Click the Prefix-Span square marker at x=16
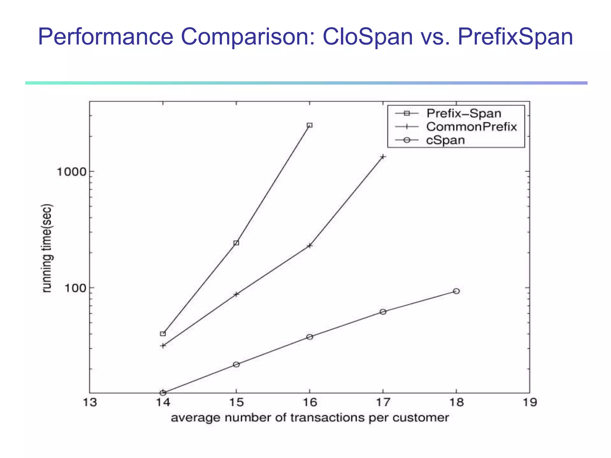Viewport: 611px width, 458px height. pos(310,125)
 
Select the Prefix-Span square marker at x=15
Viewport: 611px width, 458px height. pos(236,243)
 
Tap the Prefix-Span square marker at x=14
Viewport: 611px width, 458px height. pos(163,334)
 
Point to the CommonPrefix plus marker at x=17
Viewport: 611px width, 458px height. pos(383,157)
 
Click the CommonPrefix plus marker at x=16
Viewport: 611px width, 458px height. pos(310,246)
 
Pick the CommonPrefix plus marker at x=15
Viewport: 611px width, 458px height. pos(236,294)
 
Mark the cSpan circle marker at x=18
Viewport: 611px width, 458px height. pos(456,291)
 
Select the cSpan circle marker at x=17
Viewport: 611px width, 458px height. pos(383,312)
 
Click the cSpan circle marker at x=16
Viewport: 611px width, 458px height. pos(310,337)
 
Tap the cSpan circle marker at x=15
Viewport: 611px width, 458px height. pos(236,364)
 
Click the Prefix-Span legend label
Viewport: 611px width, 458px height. pos(464,113)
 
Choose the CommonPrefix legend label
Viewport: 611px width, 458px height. pos(471,127)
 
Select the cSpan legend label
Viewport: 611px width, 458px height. pos(445,140)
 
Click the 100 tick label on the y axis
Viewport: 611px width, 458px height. pos(75,288)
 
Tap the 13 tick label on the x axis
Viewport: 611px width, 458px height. pos(90,403)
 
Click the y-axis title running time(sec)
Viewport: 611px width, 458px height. pos(47,248)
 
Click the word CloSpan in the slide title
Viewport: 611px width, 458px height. pos(368,37)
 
